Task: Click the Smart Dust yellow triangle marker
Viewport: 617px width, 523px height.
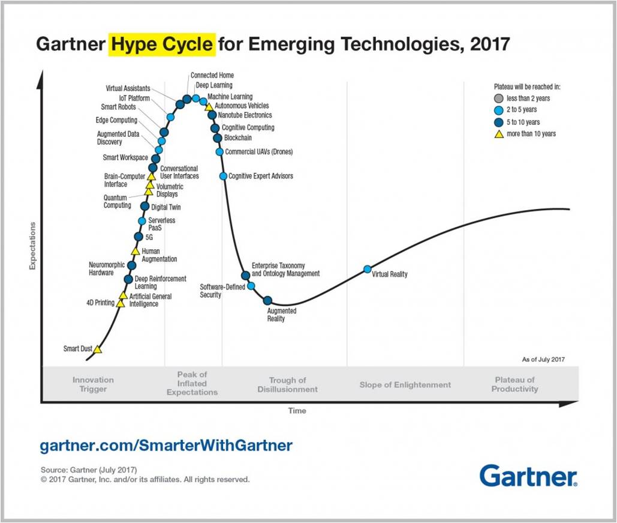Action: (98, 349)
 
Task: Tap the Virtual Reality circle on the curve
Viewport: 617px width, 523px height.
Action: (368, 269)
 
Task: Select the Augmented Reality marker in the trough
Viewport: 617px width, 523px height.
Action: (268, 300)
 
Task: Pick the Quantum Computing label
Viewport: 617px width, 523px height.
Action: (117, 201)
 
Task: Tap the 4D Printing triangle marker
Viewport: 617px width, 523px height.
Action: (121, 303)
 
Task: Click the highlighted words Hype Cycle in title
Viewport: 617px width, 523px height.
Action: (161, 44)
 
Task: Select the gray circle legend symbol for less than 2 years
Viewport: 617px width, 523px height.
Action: (498, 98)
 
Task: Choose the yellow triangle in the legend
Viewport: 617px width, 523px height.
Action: (498, 133)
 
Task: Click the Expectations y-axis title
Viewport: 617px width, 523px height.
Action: (33, 246)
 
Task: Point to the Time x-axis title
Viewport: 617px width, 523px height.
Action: (297, 411)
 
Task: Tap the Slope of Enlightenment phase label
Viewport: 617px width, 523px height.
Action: (405, 384)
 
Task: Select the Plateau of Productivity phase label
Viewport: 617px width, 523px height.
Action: (514, 384)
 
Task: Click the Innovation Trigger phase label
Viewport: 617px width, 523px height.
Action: (93, 384)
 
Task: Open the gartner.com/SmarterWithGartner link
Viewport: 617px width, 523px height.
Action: (166, 446)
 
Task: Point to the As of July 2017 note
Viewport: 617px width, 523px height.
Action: (543, 359)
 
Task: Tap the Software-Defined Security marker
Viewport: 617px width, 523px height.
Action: (251, 286)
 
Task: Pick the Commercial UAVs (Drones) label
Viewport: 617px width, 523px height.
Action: (259, 152)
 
